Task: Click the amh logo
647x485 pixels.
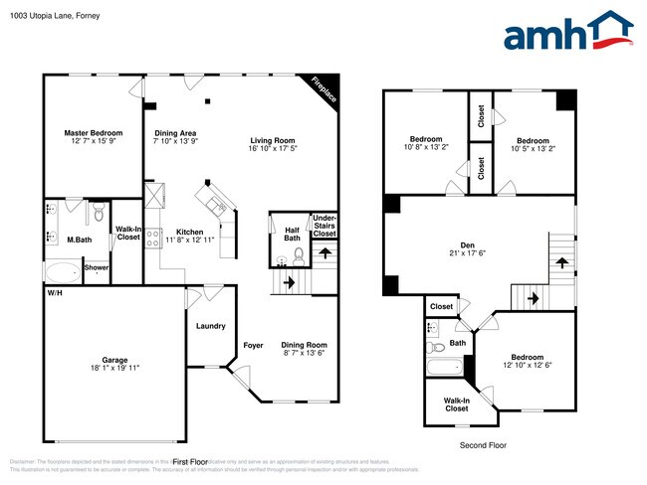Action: click(566, 32)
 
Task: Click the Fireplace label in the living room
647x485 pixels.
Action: click(324, 90)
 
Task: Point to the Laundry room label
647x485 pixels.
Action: click(209, 325)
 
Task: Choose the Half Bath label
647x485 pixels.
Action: click(292, 233)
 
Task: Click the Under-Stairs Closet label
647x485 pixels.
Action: click(324, 225)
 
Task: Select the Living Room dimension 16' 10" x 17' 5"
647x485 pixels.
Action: click(273, 148)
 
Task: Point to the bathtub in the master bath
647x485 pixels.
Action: click(62, 271)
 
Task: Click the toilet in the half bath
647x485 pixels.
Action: click(283, 260)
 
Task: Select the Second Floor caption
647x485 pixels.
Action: click(483, 445)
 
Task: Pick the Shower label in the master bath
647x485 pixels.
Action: click(96, 267)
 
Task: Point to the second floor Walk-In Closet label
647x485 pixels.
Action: click(457, 404)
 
